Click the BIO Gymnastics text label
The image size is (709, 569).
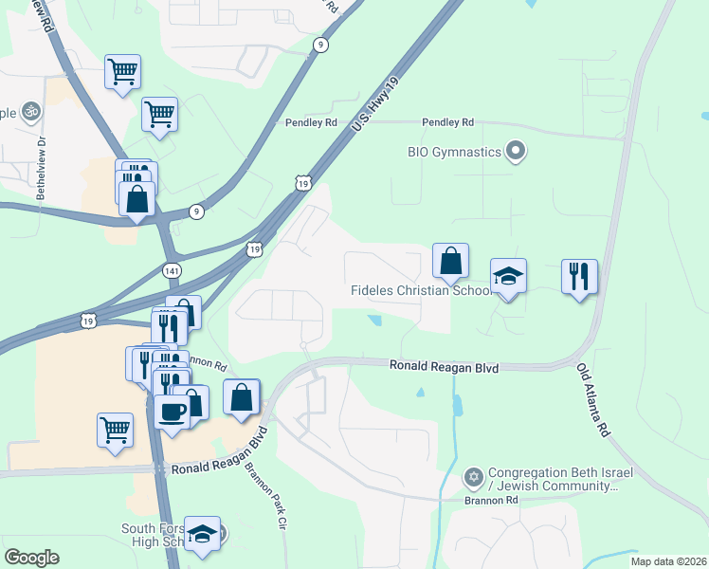coord(454,151)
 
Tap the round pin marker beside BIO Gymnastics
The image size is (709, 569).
coord(516,151)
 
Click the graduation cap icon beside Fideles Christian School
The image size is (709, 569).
coord(508,276)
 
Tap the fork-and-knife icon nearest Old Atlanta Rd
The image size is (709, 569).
coord(579,277)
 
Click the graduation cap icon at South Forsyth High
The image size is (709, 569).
coord(202,533)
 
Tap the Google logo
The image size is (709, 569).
coord(31,558)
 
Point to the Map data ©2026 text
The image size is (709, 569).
coord(668,561)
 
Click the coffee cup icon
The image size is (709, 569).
coord(172,412)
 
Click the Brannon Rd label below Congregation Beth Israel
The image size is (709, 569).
coord(491,500)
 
